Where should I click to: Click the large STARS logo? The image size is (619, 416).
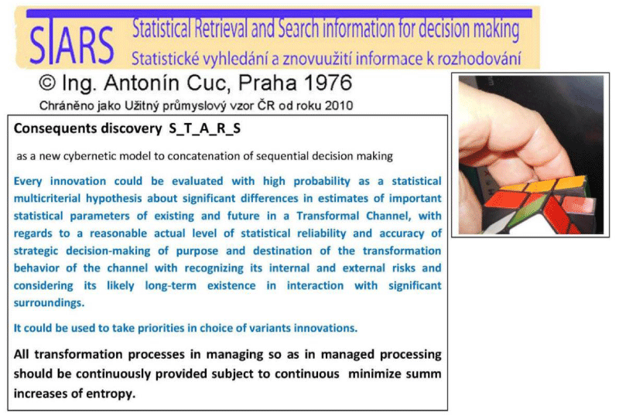(x=71, y=44)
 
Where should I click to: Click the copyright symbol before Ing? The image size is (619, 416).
(x=47, y=83)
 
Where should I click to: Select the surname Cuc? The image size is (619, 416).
(x=210, y=83)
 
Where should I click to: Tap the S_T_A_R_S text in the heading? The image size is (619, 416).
(x=204, y=128)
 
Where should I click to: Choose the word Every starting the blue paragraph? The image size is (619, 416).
(x=28, y=182)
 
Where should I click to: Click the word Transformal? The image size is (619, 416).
(x=327, y=216)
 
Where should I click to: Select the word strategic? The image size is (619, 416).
(x=36, y=251)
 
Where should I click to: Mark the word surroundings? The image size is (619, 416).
(x=49, y=303)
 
